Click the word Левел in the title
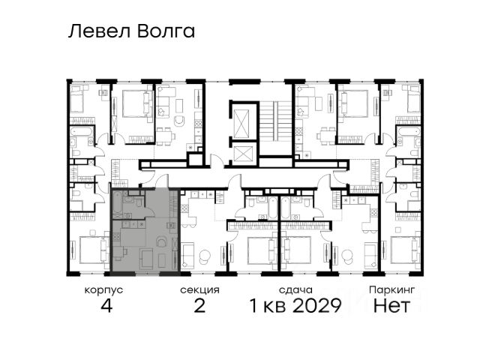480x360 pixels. click(99, 31)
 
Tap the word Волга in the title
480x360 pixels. click(166, 31)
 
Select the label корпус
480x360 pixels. click(103, 290)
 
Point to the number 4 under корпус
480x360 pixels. click(106, 305)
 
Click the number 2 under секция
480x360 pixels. click(199, 305)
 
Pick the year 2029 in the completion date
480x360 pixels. click(316, 305)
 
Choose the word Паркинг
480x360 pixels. click(391, 289)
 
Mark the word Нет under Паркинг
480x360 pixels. click(391, 305)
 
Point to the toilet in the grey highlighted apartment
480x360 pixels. click(139, 202)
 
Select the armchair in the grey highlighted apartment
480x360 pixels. click(161, 241)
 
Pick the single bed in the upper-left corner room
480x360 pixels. click(76, 99)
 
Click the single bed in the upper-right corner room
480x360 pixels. click(413, 99)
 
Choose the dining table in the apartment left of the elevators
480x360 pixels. click(164, 136)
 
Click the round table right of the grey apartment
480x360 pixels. click(204, 256)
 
